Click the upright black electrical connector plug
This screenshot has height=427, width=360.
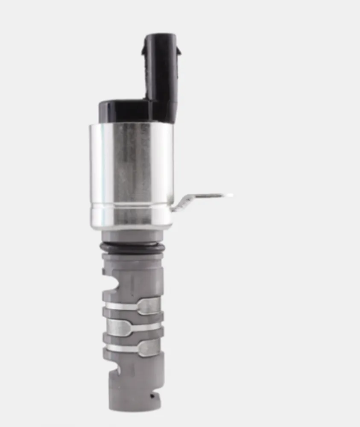pyautogui.click(x=161, y=73)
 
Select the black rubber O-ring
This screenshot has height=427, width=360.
pyautogui.click(x=132, y=247)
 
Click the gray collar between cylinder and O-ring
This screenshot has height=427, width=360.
pyautogui.click(x=132, y=236)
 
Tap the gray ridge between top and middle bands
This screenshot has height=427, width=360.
pyautogui.click(x=132, y=316)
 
